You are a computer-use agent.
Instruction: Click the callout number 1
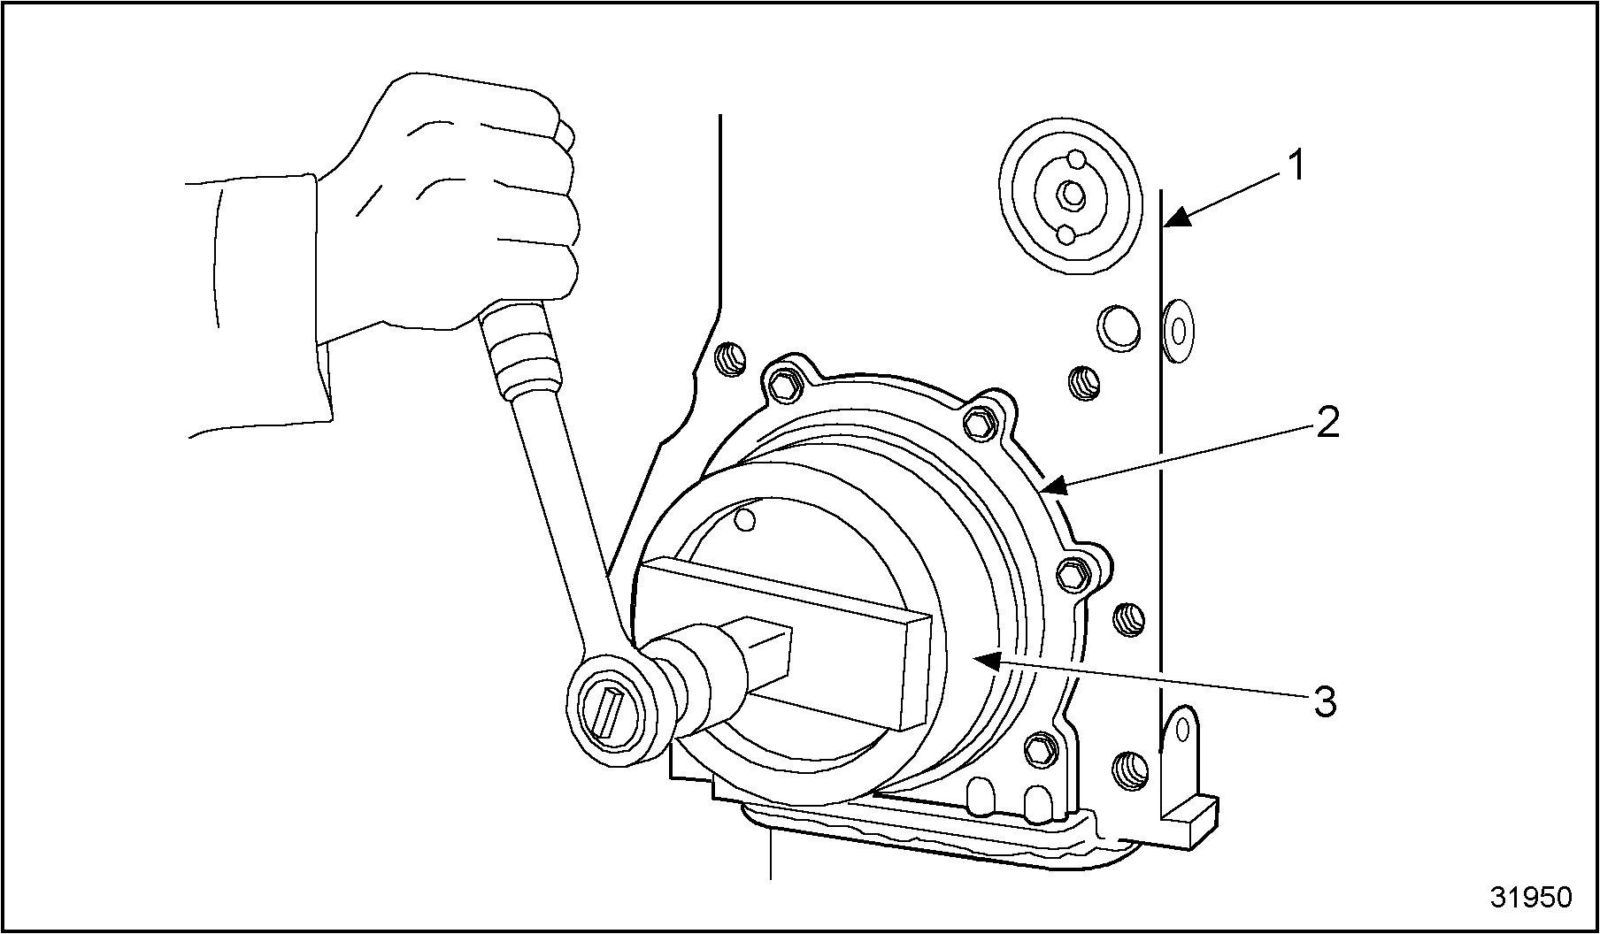tap(1296, 166)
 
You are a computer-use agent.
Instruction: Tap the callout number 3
tap(1325, 703)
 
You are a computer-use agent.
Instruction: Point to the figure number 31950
tap(1532, 897)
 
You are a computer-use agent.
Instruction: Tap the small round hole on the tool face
tap(746, 518)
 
